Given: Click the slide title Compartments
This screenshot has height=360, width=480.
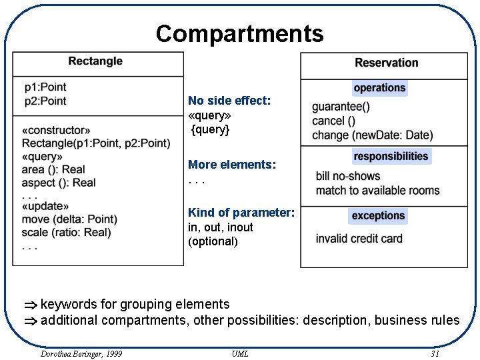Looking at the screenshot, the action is pos(239,33).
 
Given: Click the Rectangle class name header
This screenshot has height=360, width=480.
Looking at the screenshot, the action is pos(95,61).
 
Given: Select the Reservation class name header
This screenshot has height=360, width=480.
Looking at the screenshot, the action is pos(386,63).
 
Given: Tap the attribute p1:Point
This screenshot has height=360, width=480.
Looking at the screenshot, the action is pos(45,87).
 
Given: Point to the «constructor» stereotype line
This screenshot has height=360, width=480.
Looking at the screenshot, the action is pos(56,130).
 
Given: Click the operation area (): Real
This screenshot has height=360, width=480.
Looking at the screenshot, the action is pos(53,169).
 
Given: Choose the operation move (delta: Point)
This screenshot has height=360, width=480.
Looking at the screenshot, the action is pos(69,219).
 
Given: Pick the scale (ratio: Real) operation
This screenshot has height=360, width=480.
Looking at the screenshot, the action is pos(66,233).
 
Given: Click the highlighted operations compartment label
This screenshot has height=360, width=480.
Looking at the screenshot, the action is pos(379,88).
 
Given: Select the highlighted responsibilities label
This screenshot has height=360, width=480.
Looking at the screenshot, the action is pos(391,157).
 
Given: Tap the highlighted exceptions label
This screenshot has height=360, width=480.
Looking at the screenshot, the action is pos(378,216).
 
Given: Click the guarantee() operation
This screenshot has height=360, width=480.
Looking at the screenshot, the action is pos(341,107).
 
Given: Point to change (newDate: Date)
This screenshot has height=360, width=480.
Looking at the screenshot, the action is pos(372,135).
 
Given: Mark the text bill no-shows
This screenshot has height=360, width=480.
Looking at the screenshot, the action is pos(348,177).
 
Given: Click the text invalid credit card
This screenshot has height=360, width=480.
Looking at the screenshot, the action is pos(359,239).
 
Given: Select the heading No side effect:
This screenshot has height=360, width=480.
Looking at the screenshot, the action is pos(229,101).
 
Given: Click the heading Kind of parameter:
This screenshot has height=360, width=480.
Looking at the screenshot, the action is pos(241,213).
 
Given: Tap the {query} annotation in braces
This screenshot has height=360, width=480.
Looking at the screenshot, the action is pos(210,129).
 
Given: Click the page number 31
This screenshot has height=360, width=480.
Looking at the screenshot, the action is pos(435,353).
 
